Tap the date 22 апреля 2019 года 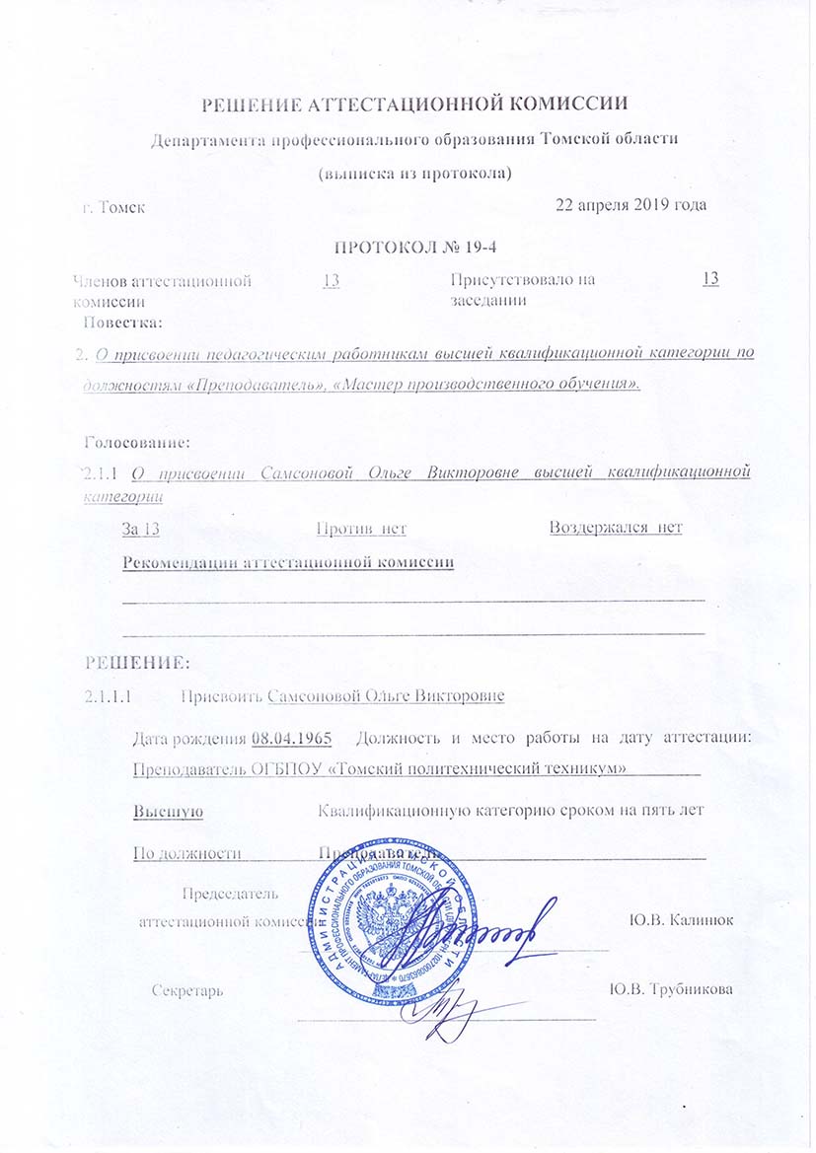[x=631, y=205]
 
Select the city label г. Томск [x=113, y=208]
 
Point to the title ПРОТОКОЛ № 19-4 [x=415, y=246]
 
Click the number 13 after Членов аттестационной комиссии [x=332, y=281]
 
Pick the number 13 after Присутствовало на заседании [x=709, y=279]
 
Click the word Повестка [x=122, y=322]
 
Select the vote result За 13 [x=140, y=529]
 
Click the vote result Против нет [x=361, y=529]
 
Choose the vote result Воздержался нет [x=616, y=528]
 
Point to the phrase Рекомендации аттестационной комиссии [x=288, y=563]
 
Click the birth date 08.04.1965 [x=290, y=738]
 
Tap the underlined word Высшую [x=168, y=811]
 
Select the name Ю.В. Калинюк [x=680, y=920]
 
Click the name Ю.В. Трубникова [x=671, y=989]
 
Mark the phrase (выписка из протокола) [x=413, y=174]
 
